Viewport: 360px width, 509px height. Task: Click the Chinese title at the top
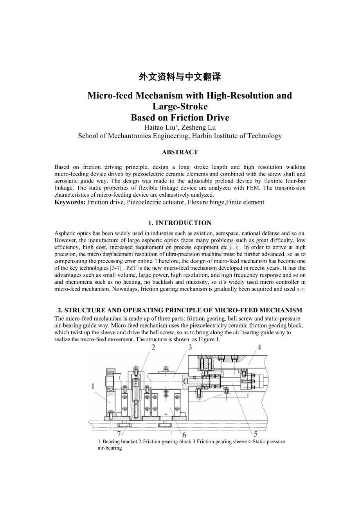click(x=180, y=77)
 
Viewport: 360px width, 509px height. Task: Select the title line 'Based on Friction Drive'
click(x=180, y=118)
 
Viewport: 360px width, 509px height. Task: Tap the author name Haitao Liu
click(x=158, y=127)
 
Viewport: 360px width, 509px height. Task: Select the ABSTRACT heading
click(x=180, y=152)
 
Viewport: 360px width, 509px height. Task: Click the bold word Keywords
click(x=70, y=202)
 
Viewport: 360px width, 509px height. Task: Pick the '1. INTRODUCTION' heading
click(x=180, y=223)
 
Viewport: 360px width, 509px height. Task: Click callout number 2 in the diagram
click(x=153, y=347)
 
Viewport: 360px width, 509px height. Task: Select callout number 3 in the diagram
click(x=189, y=347)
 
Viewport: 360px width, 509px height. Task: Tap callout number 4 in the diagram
click(x=259, y=347)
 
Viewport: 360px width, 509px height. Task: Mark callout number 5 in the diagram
click(x=256, y=434)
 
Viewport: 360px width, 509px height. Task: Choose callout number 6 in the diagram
click(x=184, y=435)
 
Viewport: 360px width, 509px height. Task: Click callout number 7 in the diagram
click(x=119, y=434)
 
